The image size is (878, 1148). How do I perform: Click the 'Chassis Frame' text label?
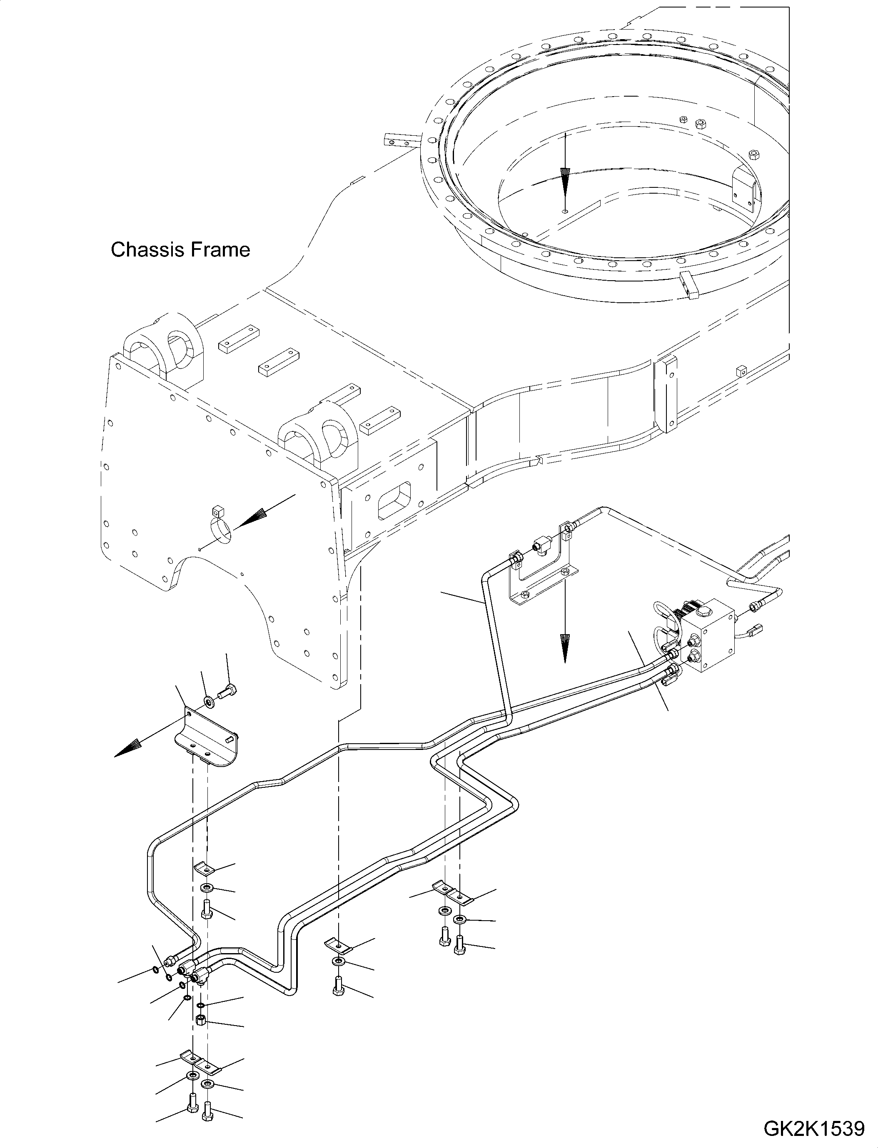(x=180, y=250)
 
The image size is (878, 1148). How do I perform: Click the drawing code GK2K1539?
(x=814, y=1128)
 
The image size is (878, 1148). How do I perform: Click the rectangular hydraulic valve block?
(x=708, y=635)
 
